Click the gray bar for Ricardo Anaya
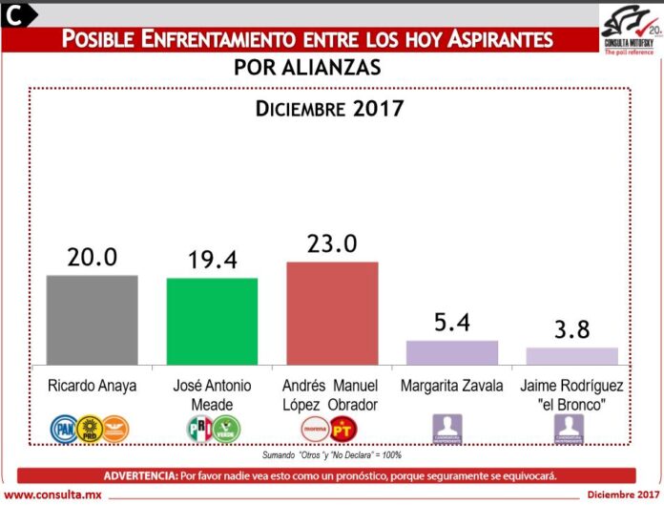(92, 319)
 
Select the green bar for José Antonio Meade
(212, 321)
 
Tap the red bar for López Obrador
(332, 312)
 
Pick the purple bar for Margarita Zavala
(452, 351)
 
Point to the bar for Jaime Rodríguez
(571, 355)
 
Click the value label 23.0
(332, 243)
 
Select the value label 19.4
(212, 260)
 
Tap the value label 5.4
(452, 323)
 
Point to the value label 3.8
(571, 330)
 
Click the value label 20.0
(92, 257)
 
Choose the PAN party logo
(63, 427)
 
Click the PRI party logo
(198, 427)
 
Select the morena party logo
(316, 428)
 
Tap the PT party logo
(342, 428)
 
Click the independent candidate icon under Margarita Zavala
(447, 428)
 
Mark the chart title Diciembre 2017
(330, 108)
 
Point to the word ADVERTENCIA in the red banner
(138, 474)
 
